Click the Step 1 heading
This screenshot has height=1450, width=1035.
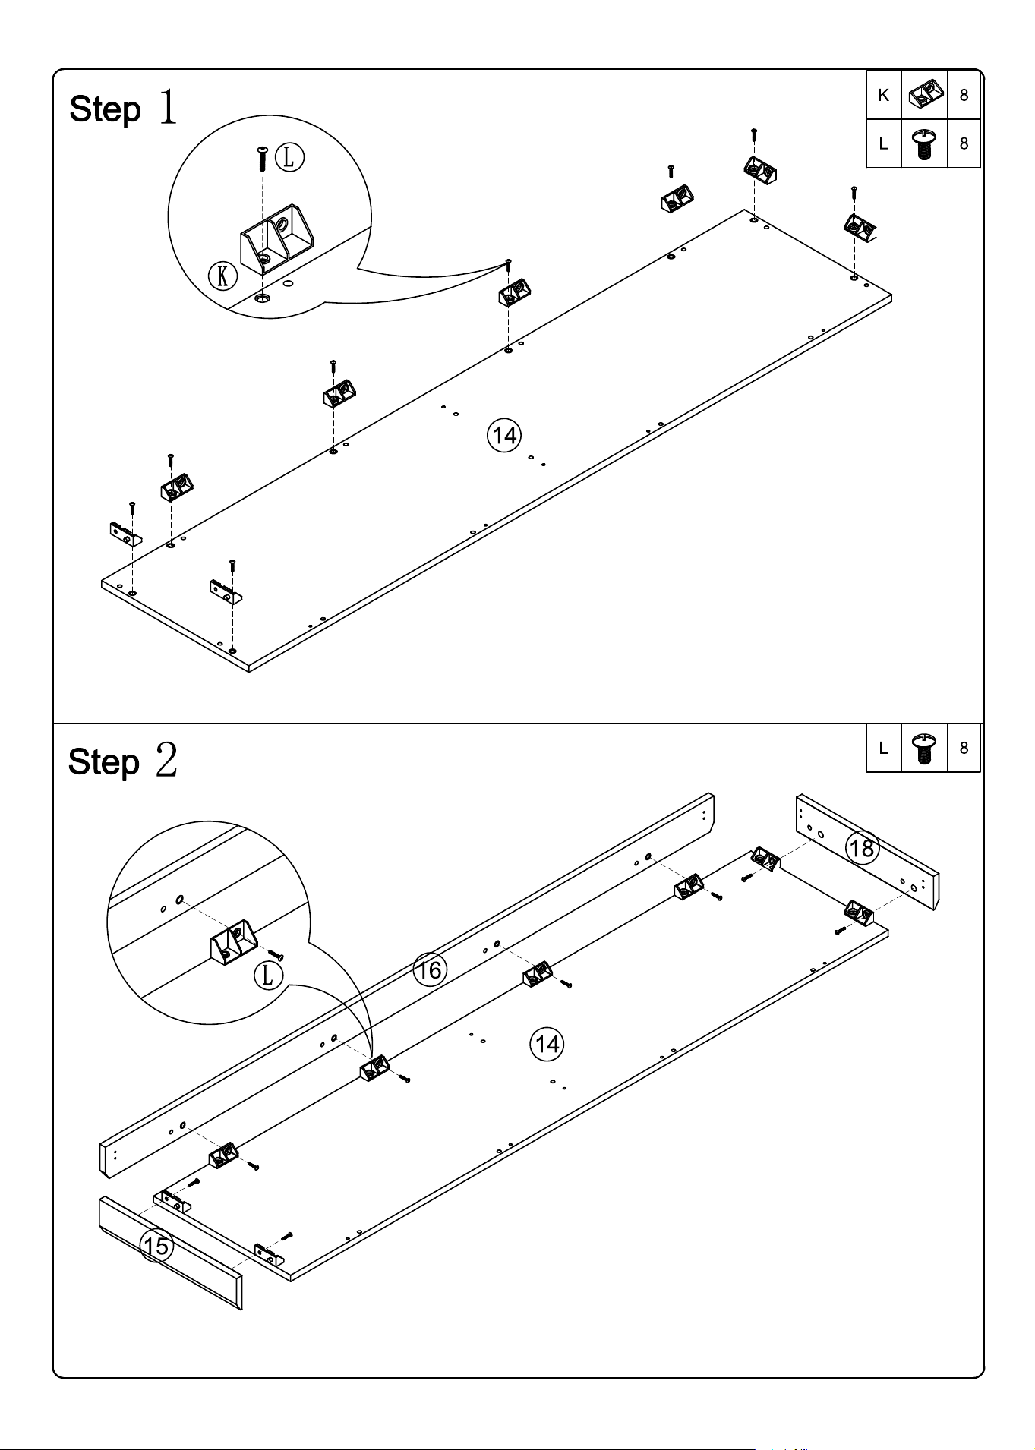[x=124, y=108]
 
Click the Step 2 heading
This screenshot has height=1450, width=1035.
[x=123, y=761]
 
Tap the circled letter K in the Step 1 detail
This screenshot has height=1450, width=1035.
[x=222, y=276]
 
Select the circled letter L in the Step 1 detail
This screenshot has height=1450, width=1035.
[x=289, y=158]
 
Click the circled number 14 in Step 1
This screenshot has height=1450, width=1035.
[x=505, y=435]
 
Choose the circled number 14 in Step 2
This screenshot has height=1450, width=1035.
[x=547, y=1045]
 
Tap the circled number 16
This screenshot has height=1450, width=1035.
[x=430, y=970]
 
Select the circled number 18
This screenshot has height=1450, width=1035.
[x=863, y=847]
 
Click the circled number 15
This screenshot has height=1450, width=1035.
[x=157, y=1246]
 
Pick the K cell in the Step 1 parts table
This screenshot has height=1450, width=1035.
[x=884, y=95]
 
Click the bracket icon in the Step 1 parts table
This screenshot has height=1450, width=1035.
[x=925, y=96]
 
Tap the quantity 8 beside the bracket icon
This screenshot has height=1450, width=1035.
[x=964, y=96]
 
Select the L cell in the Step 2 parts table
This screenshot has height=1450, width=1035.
[x=884, y=748]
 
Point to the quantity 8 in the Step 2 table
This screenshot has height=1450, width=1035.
[x=964, y=748]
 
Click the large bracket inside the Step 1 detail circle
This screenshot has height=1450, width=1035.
[x=276, y=238]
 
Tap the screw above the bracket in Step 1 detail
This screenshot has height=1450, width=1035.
[x=262, y=159]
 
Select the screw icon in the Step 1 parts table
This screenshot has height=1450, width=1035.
[x=924, y=143]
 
